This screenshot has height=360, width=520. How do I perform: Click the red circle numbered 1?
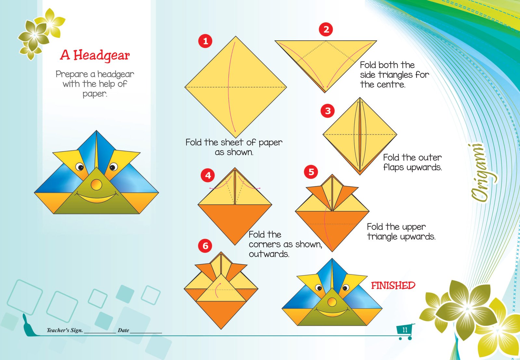point(205,41)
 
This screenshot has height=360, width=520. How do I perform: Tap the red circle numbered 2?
point(326,30)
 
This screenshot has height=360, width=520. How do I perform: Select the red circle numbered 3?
point(328,111)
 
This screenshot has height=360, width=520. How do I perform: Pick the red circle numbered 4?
point(208,176)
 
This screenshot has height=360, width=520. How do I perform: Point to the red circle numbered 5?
point(311,172)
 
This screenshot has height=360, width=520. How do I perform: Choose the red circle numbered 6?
point(205,246)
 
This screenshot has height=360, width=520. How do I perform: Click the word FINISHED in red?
point(393,286)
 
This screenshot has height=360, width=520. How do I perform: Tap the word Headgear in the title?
point(102,55)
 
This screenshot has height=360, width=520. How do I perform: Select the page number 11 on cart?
point(405,330)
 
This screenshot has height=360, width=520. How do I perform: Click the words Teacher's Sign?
point(65,330)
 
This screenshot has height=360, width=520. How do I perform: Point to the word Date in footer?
point(123,330)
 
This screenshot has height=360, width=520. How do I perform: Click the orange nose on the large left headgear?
point(96,185)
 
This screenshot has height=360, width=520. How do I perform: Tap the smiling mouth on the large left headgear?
point(97,198)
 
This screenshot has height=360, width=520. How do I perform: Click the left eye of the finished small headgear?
point(318,288)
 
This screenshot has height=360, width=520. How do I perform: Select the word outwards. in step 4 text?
point(269,254)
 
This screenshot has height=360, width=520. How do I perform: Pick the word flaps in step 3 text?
point(393,167)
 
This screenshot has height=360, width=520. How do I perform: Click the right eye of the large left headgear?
point(113,167)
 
